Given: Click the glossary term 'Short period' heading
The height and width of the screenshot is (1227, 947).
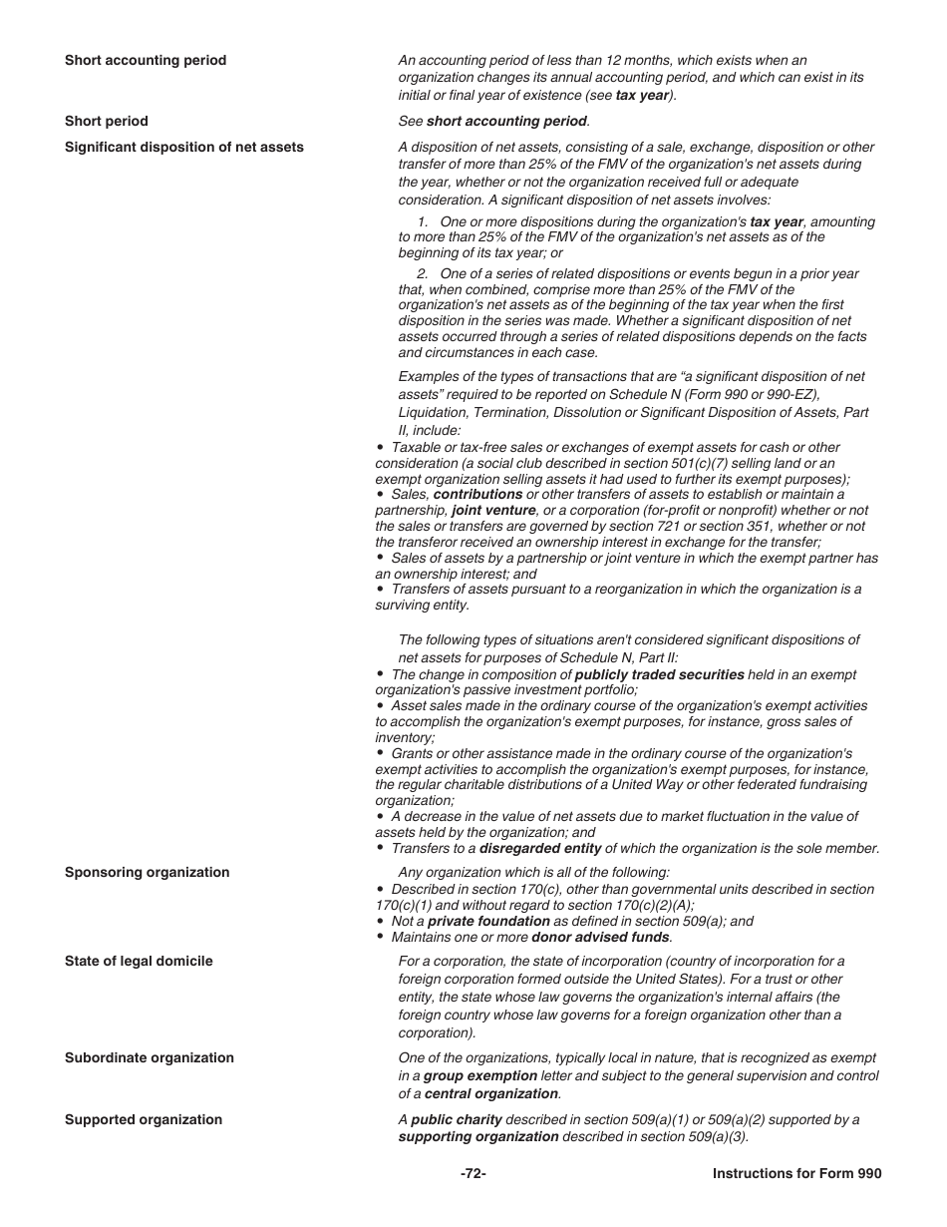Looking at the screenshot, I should click(106, 122).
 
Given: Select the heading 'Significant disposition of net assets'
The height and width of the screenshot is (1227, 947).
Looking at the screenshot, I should click(184, 148).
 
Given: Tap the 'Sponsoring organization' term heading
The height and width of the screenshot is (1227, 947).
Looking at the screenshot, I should click(147, 873).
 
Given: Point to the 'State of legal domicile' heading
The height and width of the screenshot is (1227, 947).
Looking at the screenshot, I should click(139, 962).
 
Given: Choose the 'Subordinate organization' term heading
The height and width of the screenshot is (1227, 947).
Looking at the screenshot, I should click(150, 1058).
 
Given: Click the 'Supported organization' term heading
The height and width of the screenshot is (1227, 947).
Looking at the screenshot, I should click(144, 1120).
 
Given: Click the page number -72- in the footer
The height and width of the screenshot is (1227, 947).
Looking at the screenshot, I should click(473, 1174).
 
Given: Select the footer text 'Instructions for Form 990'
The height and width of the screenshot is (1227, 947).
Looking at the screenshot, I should click(796, 1174).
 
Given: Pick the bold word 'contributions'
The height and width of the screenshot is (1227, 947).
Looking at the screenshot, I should click(477, 495).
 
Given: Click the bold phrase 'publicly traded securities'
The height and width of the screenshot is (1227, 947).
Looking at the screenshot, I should click(659, 675).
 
